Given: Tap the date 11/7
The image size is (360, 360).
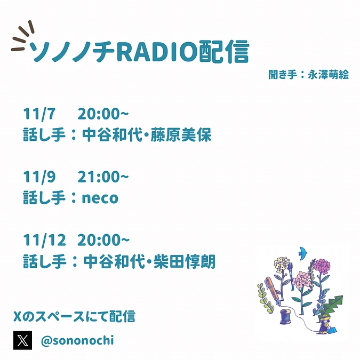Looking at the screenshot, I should [39, 115].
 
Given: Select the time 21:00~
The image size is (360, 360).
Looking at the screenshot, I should [103, 177].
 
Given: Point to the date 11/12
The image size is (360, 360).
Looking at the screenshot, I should [44, 240].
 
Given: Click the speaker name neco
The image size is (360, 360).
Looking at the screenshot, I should [100, 198].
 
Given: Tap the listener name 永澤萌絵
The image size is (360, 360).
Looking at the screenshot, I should [328, 75].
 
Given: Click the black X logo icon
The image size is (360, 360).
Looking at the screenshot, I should [22, 340].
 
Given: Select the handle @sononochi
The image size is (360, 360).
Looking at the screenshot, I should [77, 340].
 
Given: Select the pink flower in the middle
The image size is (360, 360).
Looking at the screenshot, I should [302, 279].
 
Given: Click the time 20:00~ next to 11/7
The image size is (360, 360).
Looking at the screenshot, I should [103, 115].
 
